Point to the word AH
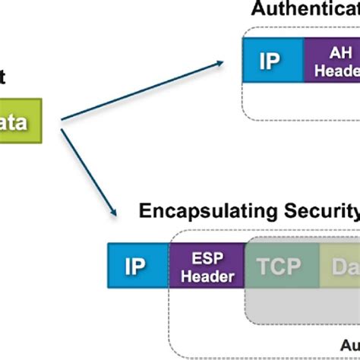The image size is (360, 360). click(x=336, y=51)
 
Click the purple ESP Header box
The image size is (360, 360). click(x=207, y=266)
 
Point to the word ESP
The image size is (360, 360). click(x=207, y=257)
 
